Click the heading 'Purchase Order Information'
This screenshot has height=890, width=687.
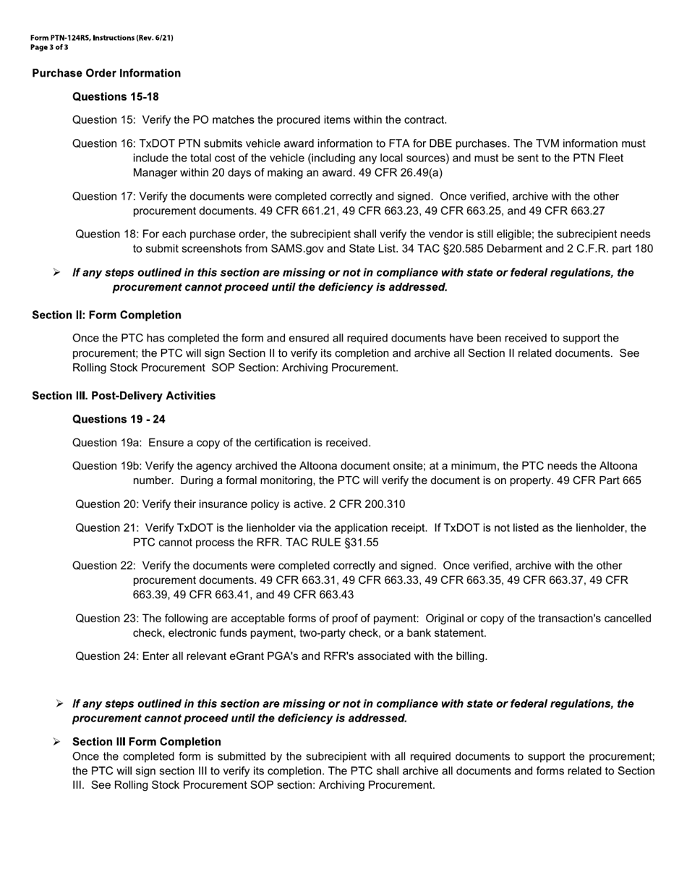click(106, 73)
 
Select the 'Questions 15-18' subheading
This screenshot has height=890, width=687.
click(116, 97)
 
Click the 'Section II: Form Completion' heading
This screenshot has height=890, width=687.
click(106, 315)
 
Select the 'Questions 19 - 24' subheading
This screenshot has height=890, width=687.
click(119, 420)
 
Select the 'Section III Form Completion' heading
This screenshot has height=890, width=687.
click(147, 742)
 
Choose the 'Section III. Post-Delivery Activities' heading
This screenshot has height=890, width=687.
click(124, 396)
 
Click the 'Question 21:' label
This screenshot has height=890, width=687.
click(107, 528)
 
